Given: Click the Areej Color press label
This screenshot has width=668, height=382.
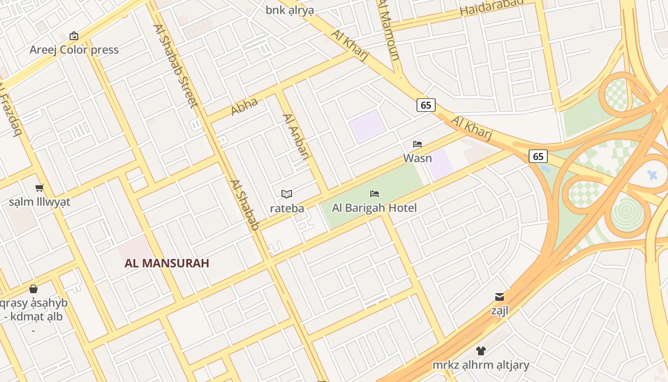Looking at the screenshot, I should tap(74, 50).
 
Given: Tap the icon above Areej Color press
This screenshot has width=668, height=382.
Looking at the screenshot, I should tap(74, 36).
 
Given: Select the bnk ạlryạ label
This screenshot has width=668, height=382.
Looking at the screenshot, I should tap(290, 10).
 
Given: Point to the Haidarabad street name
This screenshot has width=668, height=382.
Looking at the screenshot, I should tap(491, 8).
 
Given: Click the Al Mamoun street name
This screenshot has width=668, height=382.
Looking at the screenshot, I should tap(388, 30).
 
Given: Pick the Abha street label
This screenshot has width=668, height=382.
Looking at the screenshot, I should tap(244, 106).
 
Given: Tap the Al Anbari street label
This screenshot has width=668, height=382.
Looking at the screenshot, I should tap(296, 136).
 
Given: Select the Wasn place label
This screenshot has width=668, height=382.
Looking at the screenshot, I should tap(417, 158).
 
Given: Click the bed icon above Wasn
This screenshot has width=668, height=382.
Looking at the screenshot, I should tap(417, 144).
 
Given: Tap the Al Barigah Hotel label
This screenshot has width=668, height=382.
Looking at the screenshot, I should tap(375, 208).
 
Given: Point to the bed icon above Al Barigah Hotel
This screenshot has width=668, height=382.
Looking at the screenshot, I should tap(375, 194).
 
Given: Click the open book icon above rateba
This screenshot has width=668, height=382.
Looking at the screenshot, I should tap(287, 194).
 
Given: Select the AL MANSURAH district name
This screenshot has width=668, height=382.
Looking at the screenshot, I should tap(167, 263).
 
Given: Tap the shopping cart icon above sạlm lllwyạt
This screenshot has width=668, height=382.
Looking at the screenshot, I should tap(40, 188).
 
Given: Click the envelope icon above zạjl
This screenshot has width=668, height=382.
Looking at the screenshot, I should tap(500, 297).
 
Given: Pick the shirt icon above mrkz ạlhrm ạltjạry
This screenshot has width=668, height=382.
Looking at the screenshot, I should tap(481, 351).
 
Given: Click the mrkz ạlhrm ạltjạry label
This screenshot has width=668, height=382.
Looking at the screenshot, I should tap(481, 365).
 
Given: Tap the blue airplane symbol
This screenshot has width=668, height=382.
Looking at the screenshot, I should tap(653, 175).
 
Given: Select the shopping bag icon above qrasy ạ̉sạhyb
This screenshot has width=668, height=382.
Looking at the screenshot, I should tap(33, 289).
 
